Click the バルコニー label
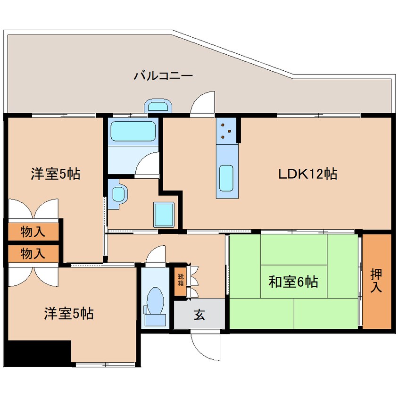163,75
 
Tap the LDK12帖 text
307,174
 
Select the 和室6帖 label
293,282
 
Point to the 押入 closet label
376,281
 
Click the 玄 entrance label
199,315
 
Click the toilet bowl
155,302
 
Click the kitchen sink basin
227,178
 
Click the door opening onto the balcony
203,104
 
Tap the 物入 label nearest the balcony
33,232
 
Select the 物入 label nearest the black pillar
33,254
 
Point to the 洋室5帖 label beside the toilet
69,313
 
